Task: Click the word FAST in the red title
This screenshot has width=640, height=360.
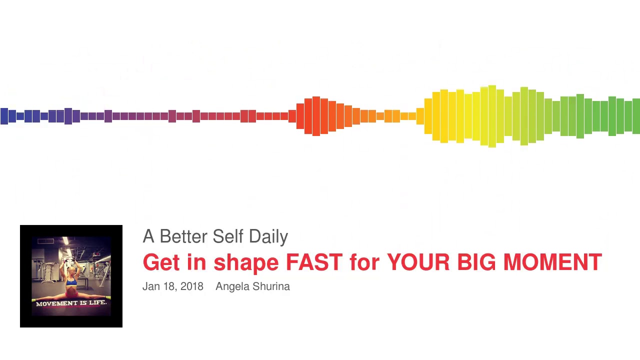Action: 314,262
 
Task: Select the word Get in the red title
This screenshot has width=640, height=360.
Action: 160,262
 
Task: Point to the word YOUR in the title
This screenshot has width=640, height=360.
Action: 418,262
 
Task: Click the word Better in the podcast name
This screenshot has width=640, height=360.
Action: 183,236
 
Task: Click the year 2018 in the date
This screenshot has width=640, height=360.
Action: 191,286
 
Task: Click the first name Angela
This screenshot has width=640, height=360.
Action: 231,287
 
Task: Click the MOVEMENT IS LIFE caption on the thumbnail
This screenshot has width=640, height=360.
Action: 71,303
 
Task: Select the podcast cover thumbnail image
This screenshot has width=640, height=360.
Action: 71,276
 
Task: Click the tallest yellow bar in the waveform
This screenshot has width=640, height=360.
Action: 492,116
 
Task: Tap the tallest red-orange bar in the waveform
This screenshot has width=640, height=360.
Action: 316,116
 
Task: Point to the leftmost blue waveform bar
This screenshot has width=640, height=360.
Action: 4,116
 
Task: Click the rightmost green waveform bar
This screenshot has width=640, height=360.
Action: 636,116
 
